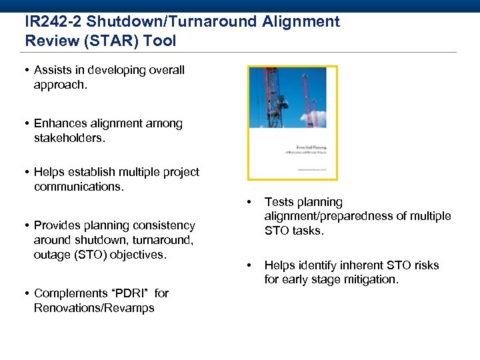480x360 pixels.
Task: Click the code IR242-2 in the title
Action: point(55,21)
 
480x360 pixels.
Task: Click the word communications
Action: point(78,187)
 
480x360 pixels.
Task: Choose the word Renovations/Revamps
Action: point(94,308)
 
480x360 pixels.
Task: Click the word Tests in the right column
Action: point(279,202)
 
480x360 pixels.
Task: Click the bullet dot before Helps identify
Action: point(249,265)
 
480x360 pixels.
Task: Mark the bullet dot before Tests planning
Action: point(249,202)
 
